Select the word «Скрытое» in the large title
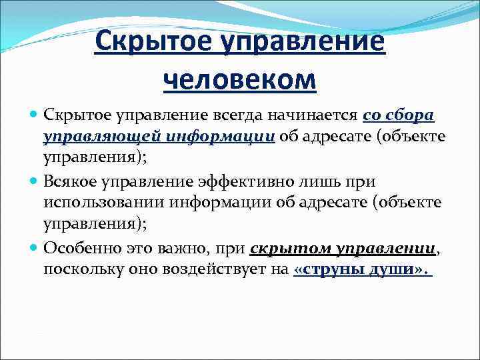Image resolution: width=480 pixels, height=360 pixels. [151, 43]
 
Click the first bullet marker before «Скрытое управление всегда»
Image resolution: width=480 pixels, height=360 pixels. [35, 115]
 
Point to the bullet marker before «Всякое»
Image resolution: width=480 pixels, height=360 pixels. [35, 180]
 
